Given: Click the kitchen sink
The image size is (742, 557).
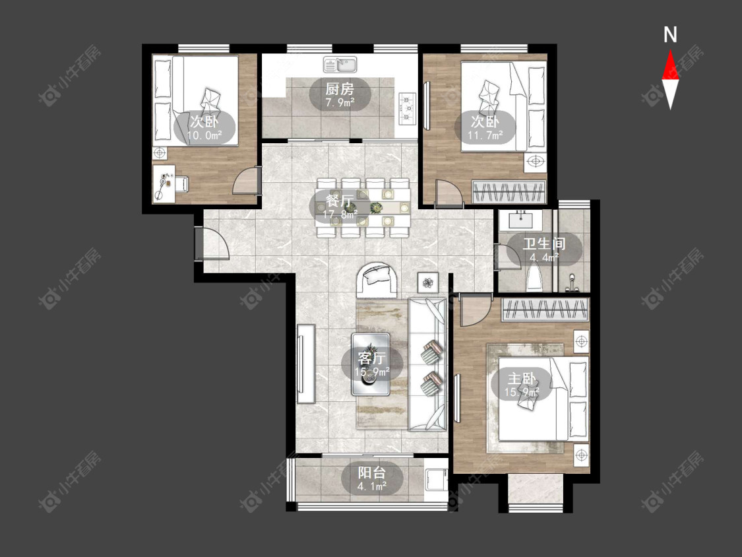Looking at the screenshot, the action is (340, 65).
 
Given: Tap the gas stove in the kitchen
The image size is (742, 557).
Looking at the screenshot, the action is (407, 108).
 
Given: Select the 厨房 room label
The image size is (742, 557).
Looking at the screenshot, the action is (340, 89).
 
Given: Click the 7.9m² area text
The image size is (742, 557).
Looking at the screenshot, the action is (340, 102).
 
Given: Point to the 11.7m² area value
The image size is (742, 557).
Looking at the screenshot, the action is (485, 135).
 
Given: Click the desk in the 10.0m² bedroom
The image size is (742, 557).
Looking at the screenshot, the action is (164, 184).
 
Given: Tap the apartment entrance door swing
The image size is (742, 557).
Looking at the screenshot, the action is (212, 243).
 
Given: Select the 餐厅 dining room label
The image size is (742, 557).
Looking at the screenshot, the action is (340, 201).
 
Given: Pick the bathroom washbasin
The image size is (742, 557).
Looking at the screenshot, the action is (521, 220).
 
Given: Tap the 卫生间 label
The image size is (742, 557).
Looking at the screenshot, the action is (544, 244).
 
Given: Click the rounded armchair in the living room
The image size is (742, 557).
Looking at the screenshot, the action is (377, 280).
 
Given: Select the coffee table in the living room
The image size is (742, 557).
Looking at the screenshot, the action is (371, 364).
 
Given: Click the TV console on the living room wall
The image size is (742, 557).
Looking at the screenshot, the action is (305, 364).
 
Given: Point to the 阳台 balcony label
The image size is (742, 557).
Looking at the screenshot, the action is (371, 473).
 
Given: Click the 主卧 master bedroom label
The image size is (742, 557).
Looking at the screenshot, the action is (522, 379).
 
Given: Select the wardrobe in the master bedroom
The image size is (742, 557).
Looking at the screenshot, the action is (545, 310).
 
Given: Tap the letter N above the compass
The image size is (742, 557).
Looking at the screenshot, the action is (670, 35).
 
